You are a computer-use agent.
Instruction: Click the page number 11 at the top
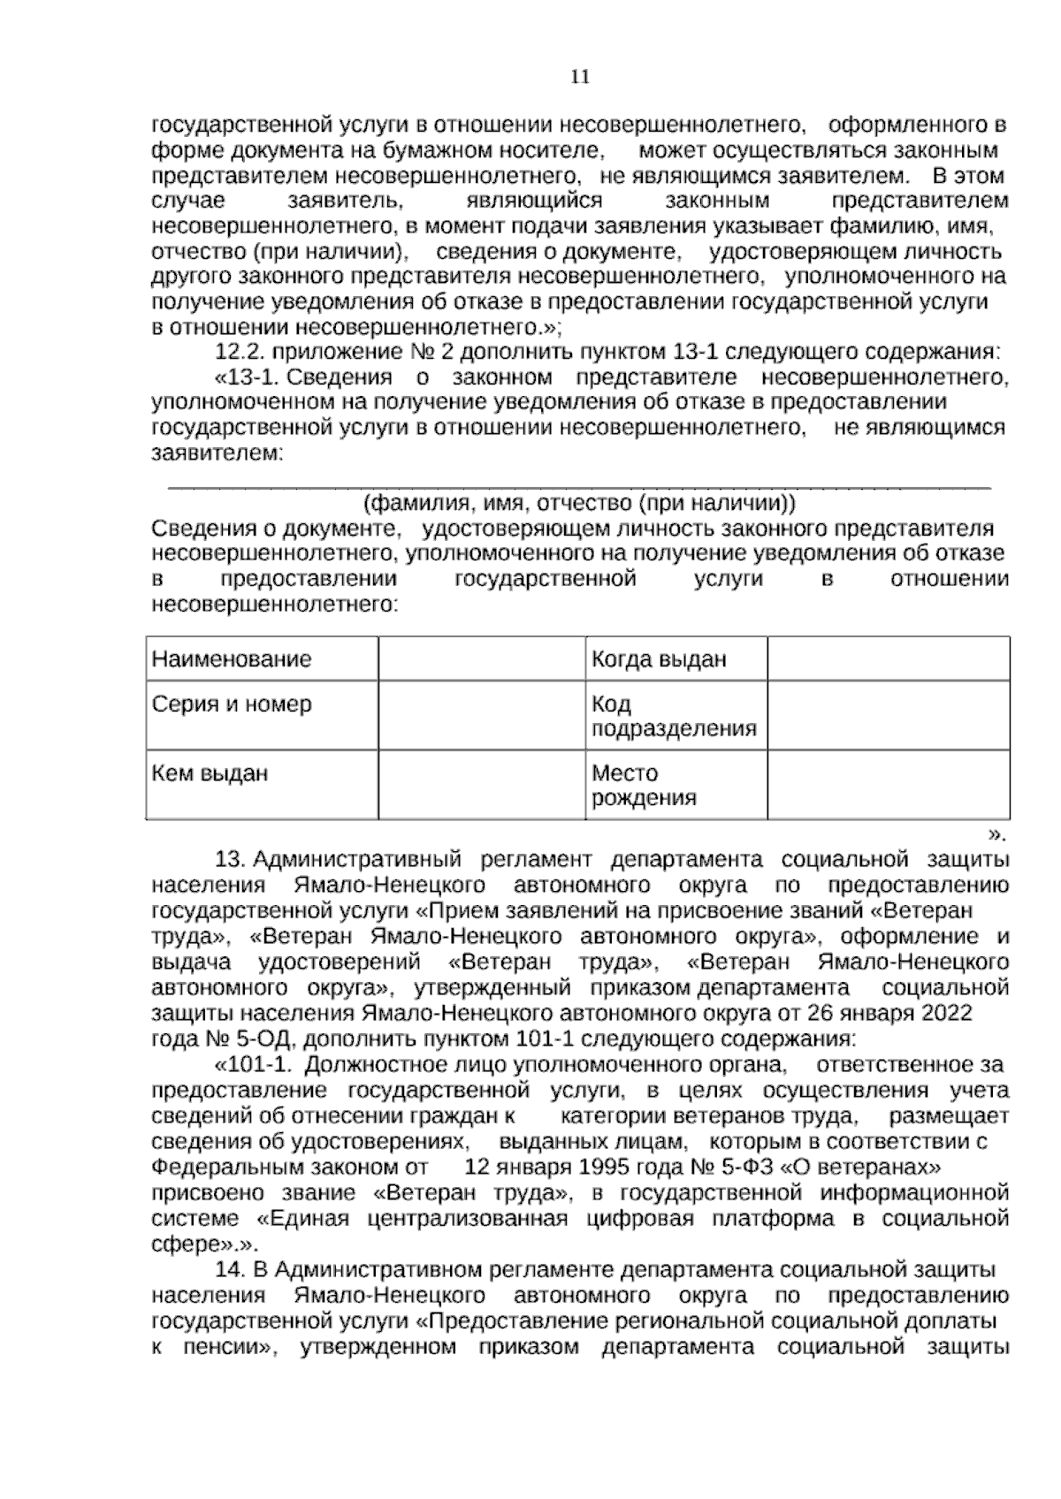tap(580, 77)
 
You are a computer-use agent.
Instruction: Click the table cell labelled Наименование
tap(232, 659)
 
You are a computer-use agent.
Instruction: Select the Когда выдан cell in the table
tap(659, 659)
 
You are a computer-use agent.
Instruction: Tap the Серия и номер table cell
tap(232, 704)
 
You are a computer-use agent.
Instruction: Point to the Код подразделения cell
tap(674, 717)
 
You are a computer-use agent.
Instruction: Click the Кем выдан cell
tap(210, 773)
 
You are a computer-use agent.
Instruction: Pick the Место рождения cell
tap(644, 786)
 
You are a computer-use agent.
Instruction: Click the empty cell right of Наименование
tap(481, 659)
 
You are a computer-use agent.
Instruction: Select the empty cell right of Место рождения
tap(888, 786)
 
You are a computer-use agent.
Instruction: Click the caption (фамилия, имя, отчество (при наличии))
tap(580, 504)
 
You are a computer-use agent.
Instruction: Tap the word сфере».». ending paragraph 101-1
tap(204, 1244)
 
